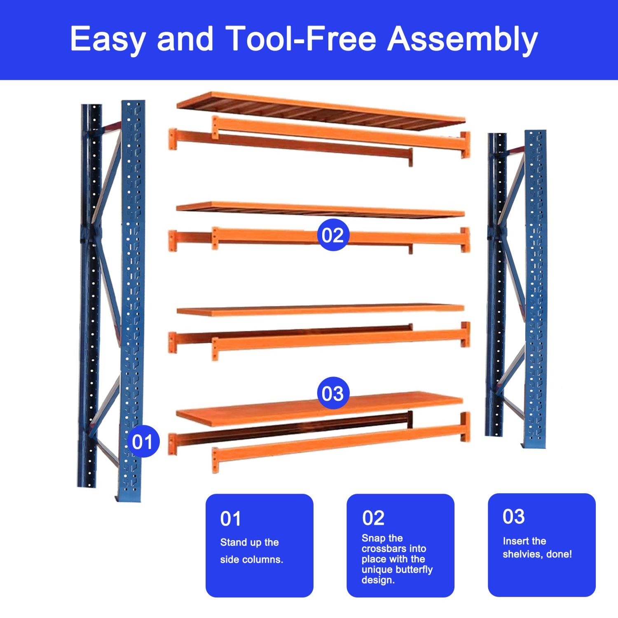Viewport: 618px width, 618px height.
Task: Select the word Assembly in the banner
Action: [462, 39]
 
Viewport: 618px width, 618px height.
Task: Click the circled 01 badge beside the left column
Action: [143, 442]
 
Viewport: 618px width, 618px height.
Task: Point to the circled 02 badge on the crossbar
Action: [332, 235]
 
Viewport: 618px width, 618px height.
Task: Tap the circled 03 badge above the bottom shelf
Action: [332, 393]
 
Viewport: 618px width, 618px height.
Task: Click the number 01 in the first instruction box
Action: [230, 519]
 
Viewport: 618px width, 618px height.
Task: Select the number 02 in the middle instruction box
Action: [373, 518]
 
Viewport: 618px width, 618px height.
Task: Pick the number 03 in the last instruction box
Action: [513, 517]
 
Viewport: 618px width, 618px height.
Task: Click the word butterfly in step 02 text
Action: [414, 570]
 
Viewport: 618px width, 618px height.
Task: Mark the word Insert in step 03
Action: [513, 541]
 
